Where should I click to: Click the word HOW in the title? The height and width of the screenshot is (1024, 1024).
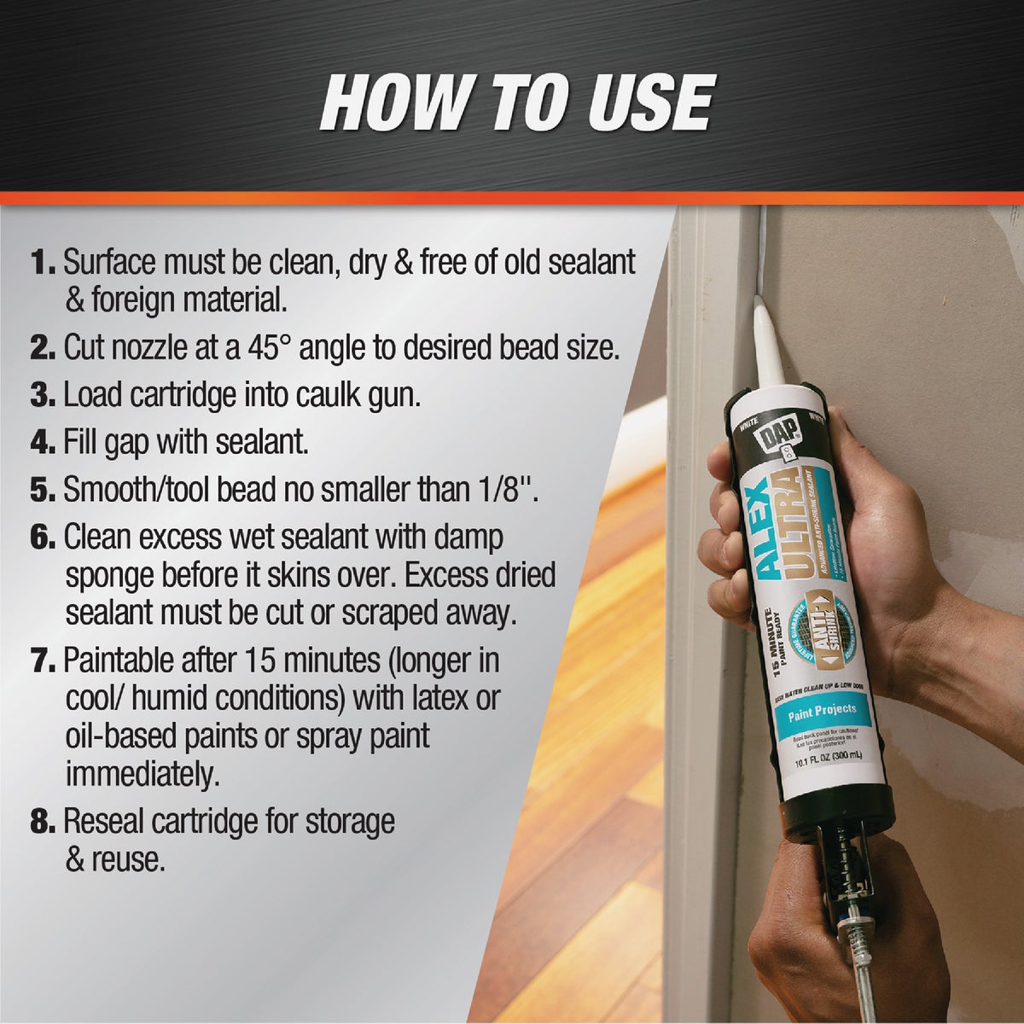[393, 103]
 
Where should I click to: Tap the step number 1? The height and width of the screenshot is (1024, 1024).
[43, 261]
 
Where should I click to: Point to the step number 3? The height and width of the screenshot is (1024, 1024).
[43, 395]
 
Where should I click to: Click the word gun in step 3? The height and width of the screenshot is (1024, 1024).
[393, 397]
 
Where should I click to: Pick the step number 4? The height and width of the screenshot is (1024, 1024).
[43, 443]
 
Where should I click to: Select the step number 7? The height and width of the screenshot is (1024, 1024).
[44, 661]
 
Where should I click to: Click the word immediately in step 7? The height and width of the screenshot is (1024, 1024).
[142, 774]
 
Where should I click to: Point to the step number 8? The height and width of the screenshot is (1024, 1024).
[43, 822]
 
